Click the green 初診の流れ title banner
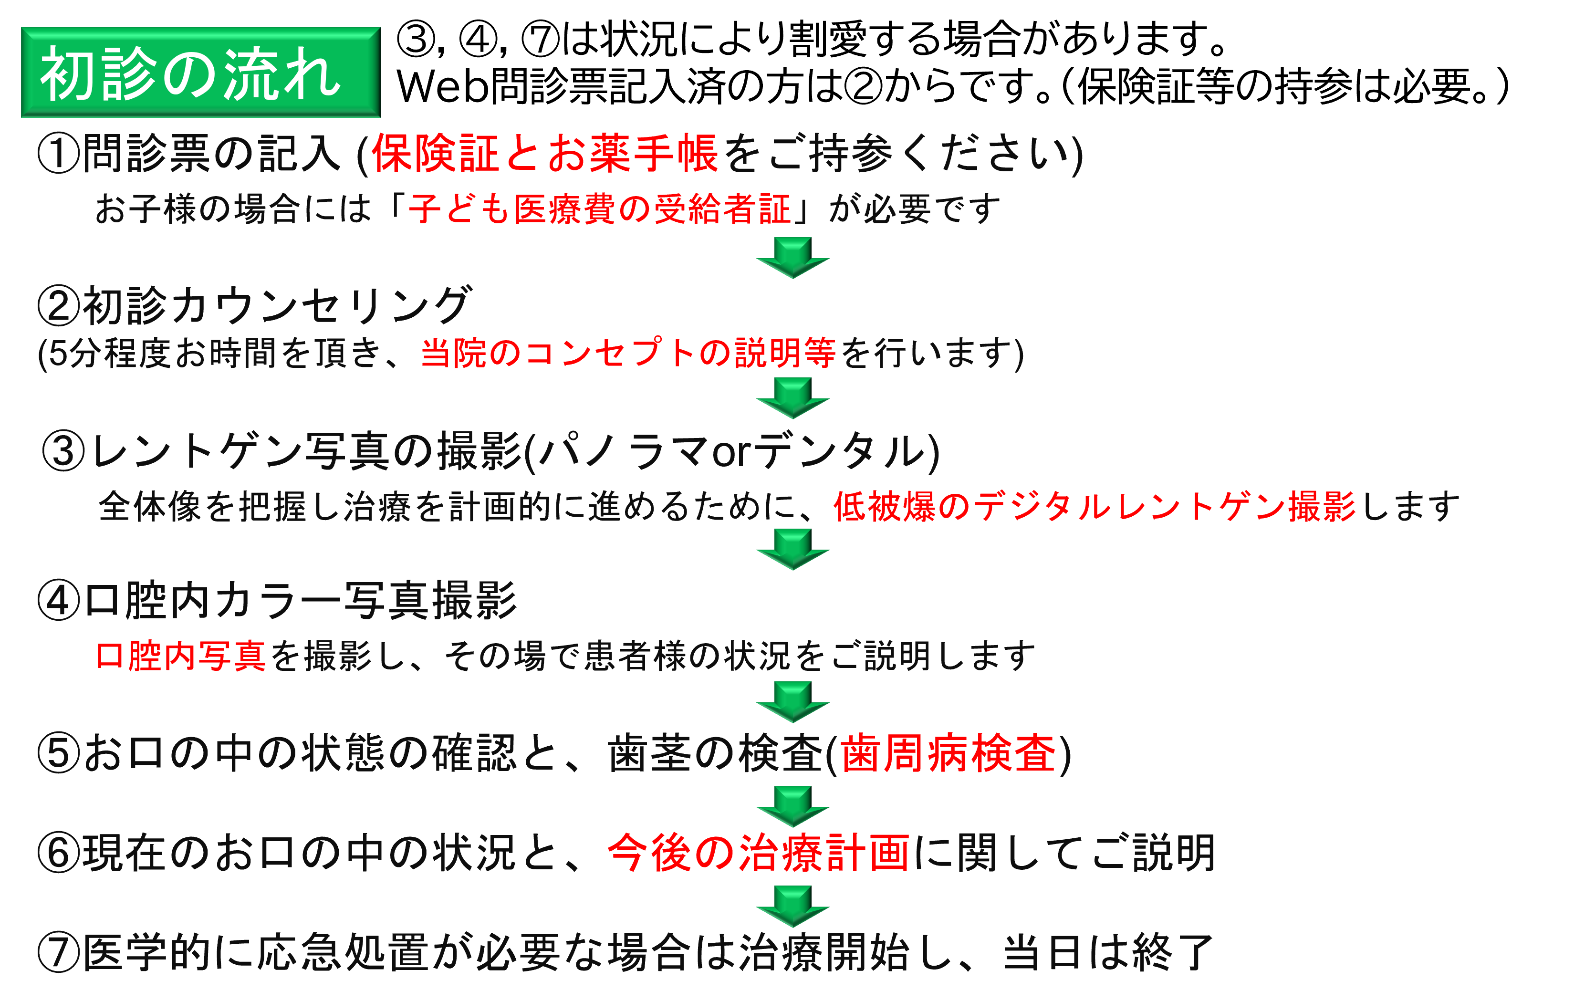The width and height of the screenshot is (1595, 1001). pos(200,72)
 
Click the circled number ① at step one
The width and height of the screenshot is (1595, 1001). pos(59,153)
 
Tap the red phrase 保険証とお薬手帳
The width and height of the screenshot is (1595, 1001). pos(544,153)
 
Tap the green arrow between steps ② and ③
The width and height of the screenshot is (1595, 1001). pos(792,398)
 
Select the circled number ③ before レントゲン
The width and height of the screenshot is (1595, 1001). pos(63,451)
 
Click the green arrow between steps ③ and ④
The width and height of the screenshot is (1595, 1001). pos(792,549)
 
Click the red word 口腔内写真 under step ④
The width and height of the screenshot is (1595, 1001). pos(181,656)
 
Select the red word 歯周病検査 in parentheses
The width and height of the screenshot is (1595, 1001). pos(949,753)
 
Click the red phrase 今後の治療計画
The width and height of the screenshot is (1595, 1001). pos(759,852)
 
